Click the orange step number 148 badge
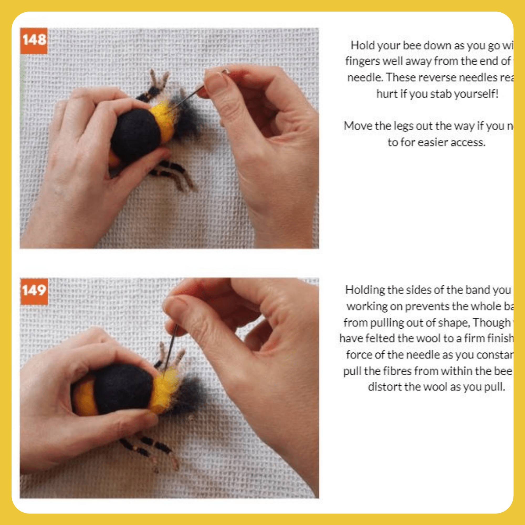34,40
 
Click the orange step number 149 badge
34,291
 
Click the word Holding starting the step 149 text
365,290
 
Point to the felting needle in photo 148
187,98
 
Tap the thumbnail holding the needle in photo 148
216,82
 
